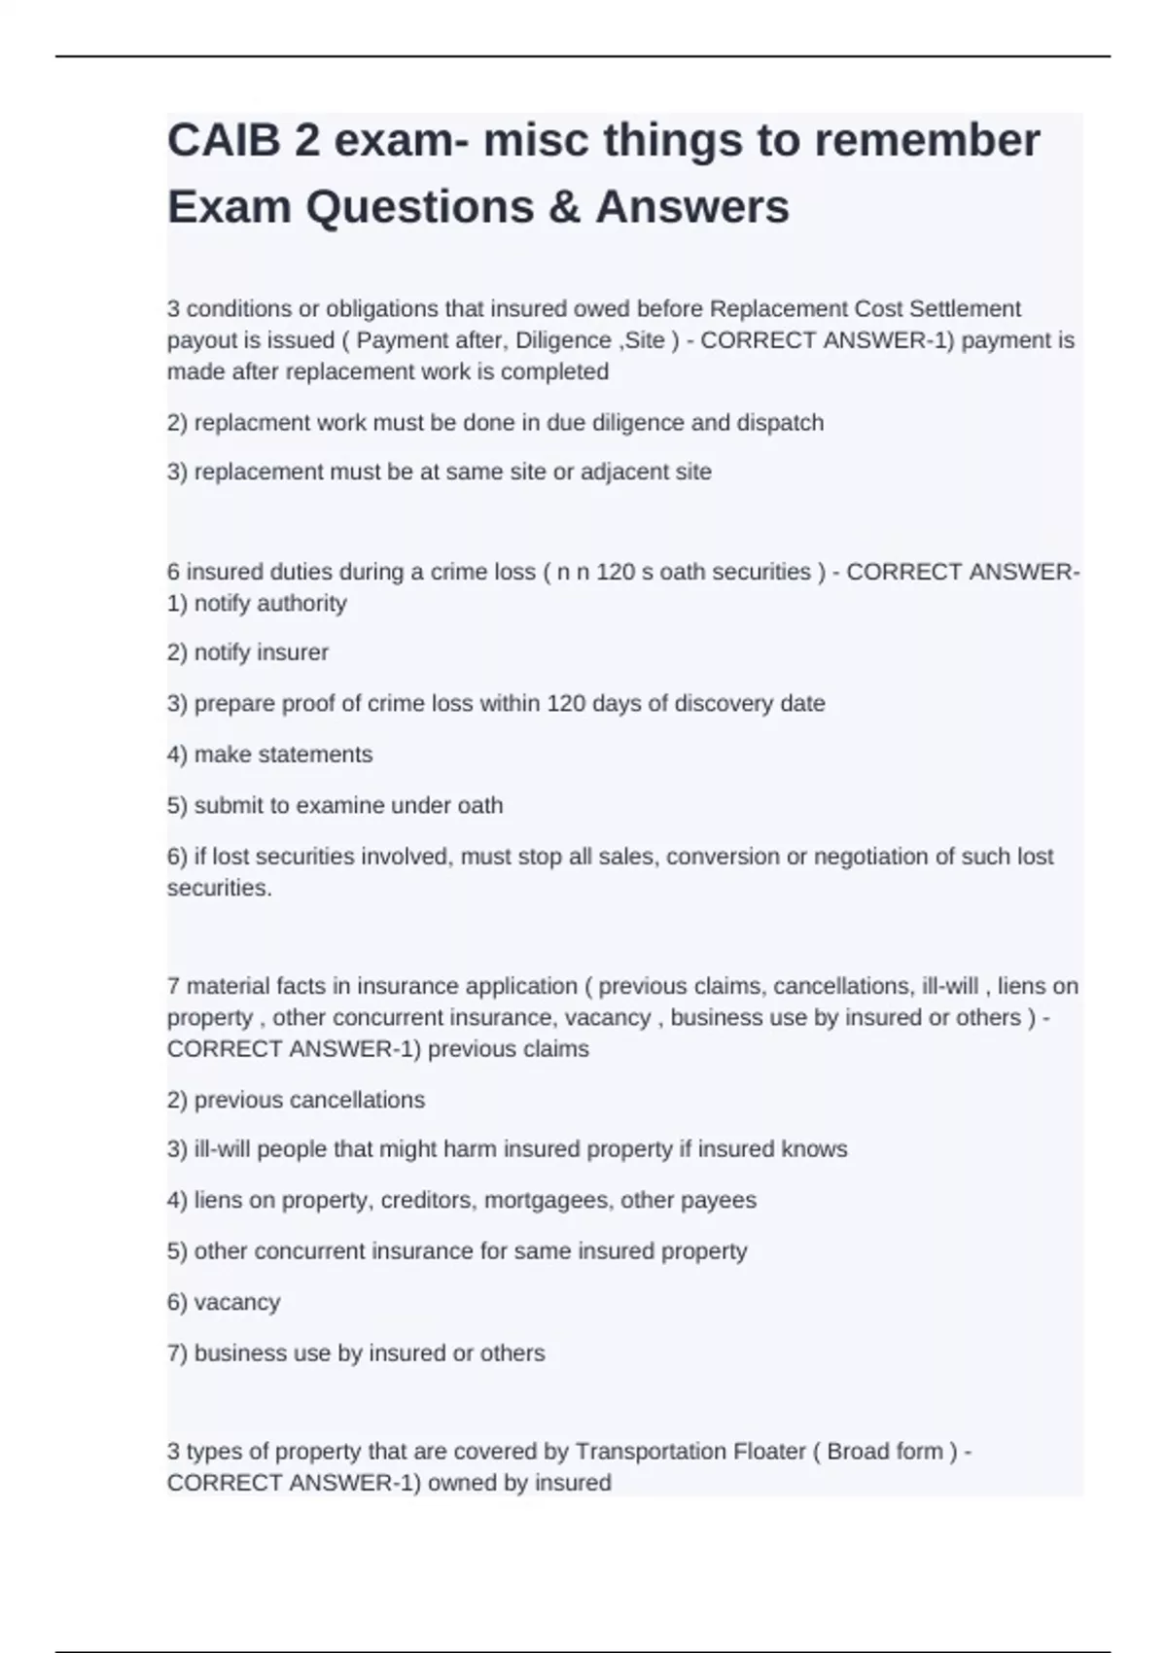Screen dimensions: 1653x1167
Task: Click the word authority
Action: coord(302,603)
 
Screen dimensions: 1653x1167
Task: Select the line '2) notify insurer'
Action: coord(248,652)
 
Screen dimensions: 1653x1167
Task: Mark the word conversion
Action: coord(721,857)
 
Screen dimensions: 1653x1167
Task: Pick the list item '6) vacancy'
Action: coord(224,1302)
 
